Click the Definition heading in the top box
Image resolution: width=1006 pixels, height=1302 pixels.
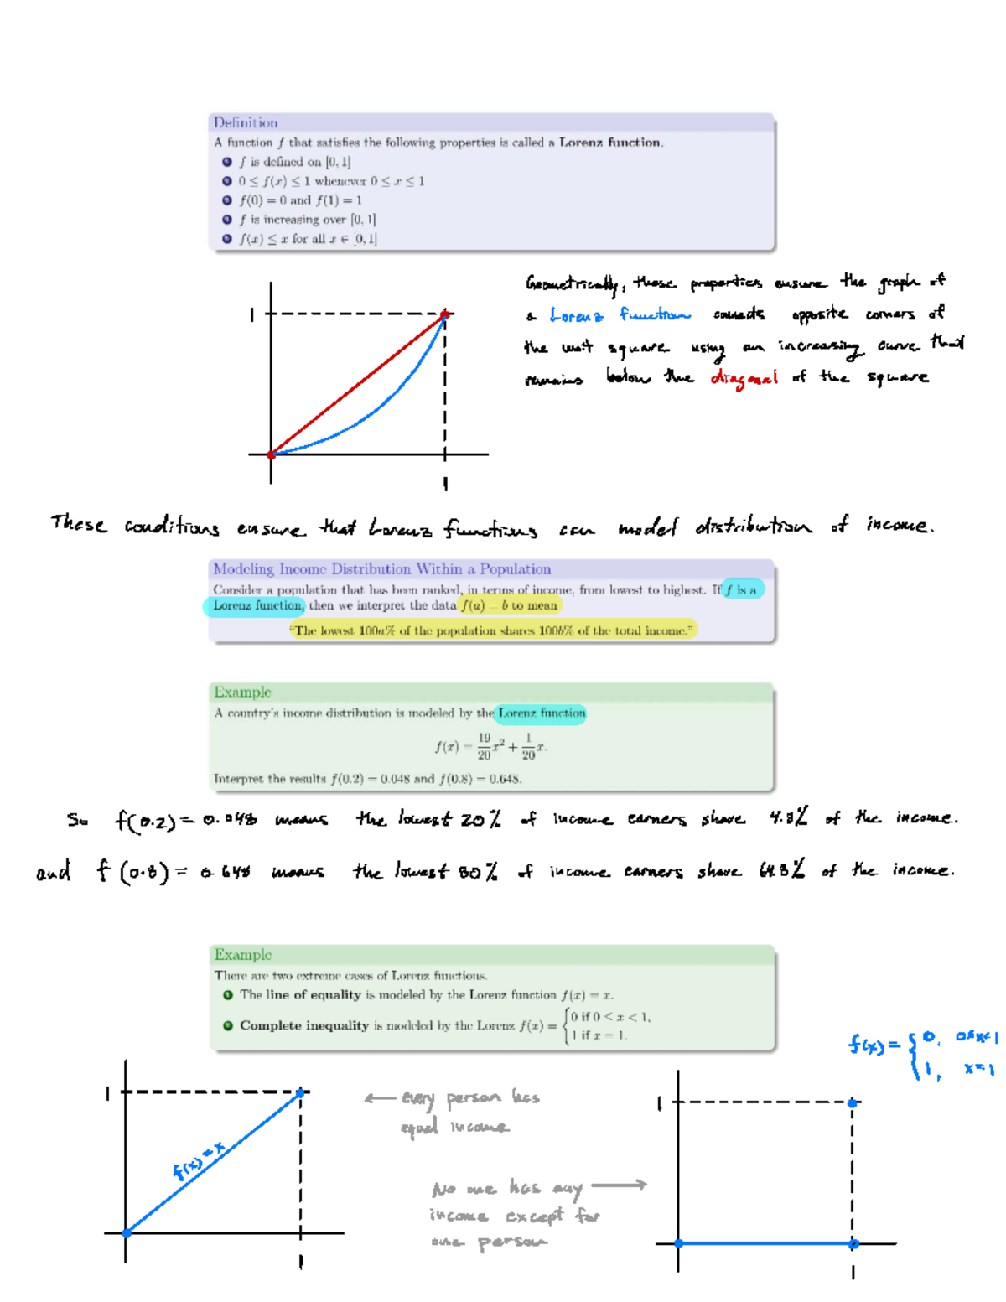click(245, 122)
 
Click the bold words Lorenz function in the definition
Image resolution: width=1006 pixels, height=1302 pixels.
click(609, 143)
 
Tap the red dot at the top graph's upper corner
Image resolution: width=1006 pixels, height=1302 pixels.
click(445, 314)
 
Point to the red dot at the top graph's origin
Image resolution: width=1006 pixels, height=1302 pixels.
click(271, 454)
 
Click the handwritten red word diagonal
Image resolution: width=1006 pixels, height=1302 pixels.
click(744, 378)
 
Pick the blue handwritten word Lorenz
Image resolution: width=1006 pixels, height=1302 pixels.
click(576, 315)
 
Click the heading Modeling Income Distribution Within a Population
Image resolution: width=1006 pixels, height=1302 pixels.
click(381, 569)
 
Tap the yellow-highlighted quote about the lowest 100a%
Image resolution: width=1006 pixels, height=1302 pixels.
click(492, 630)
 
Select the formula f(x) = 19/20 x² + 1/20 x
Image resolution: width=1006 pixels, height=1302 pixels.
click(490, 745)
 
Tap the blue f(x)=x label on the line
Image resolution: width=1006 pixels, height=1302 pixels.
click(198, 1160)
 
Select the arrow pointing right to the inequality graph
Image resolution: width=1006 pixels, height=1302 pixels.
click(619, 1185)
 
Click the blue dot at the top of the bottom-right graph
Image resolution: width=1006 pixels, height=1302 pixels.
click(853, 1102)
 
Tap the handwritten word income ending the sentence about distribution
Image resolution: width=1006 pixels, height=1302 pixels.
click(899, 526)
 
